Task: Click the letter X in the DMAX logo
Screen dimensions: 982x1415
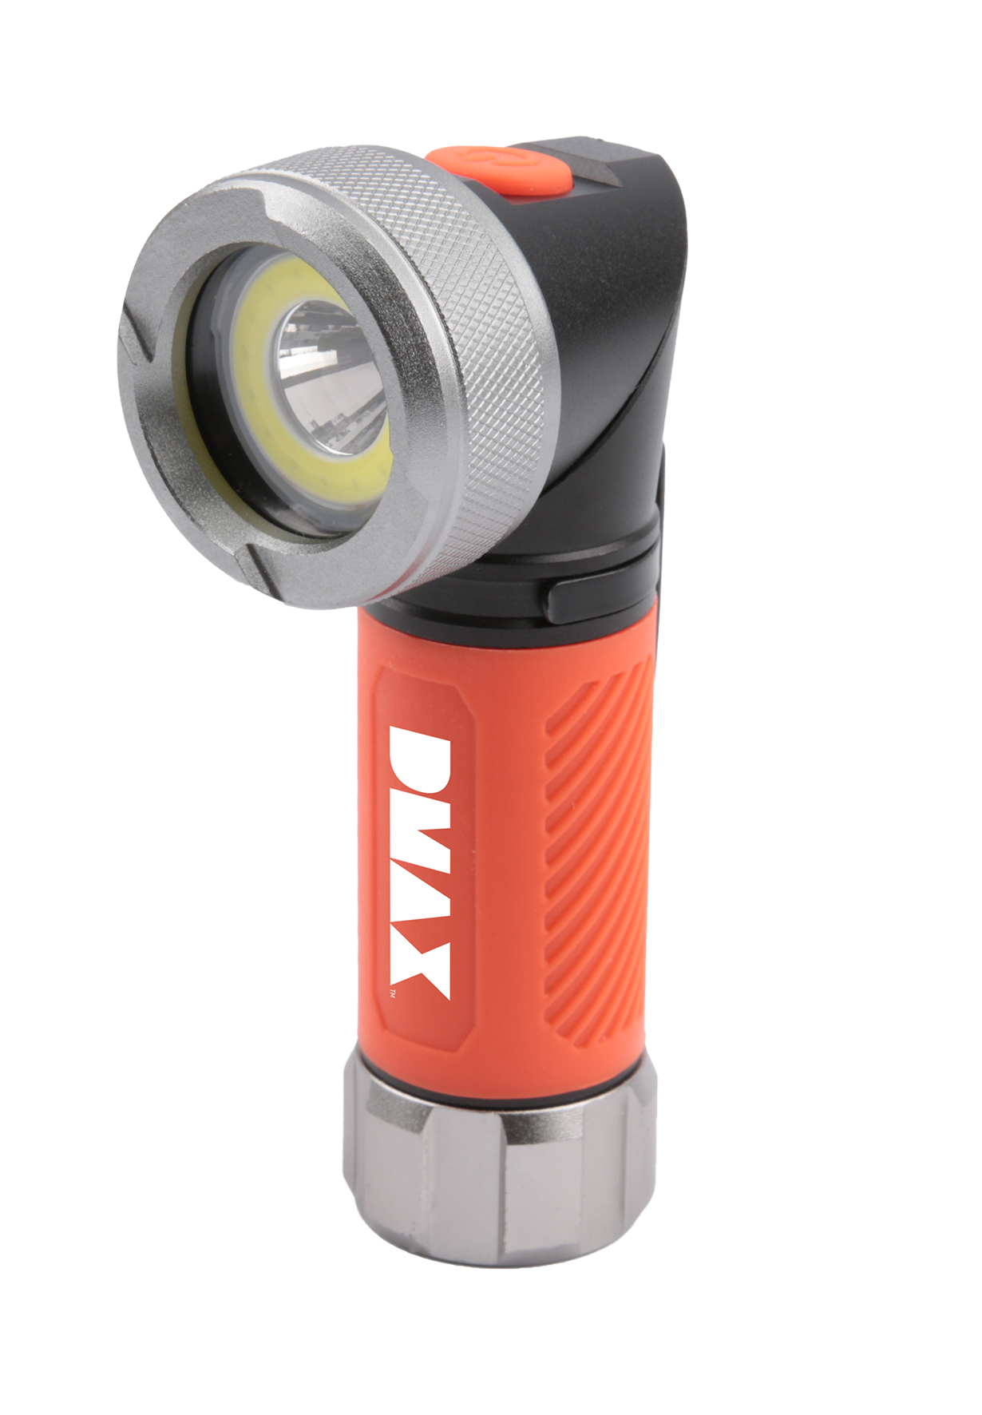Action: (420, 967)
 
